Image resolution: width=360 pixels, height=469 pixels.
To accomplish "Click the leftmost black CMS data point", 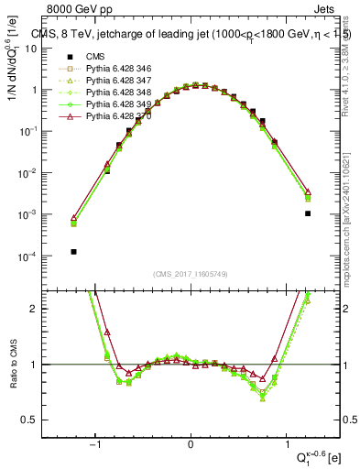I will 73,251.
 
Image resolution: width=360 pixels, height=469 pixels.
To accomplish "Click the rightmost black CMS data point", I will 308,213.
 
